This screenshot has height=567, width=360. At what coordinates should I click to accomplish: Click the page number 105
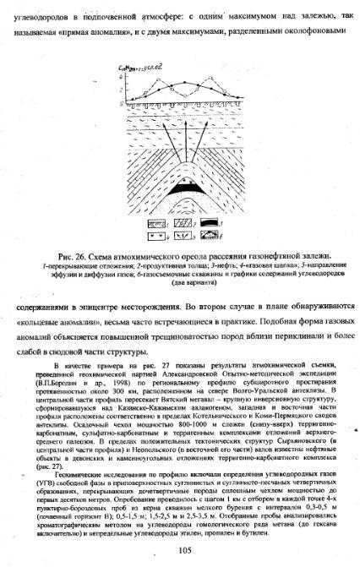click(x=181, y=551)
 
